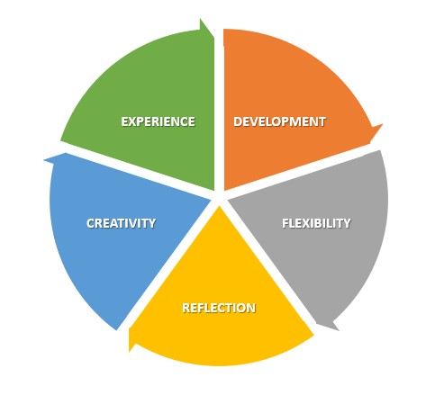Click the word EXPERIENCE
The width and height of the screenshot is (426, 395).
click(159, 121)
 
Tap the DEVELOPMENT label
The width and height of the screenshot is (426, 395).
click(280, 121)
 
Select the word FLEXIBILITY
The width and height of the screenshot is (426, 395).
click(316, 223)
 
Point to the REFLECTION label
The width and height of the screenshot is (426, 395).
click(219, 308)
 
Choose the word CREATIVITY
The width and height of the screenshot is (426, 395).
click(122, 223)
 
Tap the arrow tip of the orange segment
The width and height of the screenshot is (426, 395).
click(382, 124)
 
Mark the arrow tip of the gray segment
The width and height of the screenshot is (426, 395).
click(339, 330)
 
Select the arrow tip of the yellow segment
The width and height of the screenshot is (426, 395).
click(130, 351)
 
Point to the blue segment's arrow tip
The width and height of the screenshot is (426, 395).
click(44, 160)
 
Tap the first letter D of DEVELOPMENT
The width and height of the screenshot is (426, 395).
click(238, 121)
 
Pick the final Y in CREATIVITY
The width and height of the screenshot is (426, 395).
click(152, 223)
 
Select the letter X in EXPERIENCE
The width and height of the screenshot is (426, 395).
click(133, 121)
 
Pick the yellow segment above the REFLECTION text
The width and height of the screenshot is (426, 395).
click(219, 264)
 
